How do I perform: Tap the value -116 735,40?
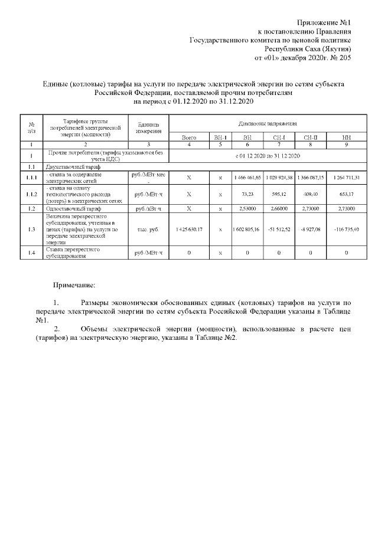[346, 230]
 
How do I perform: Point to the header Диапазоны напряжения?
[268, 125]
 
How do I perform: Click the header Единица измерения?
[149, 127]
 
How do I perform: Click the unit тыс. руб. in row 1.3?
[149, 230]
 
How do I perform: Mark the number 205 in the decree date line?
[345, 58]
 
